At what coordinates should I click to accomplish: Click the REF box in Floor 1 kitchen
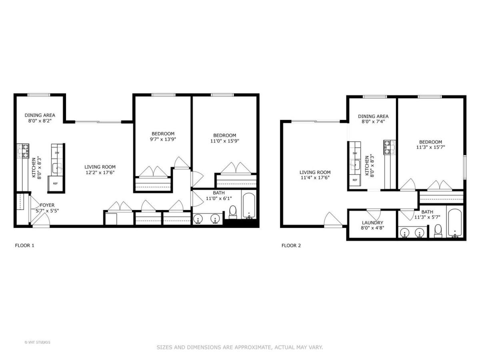pos(55,184)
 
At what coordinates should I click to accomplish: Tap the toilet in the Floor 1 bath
pos(233,212)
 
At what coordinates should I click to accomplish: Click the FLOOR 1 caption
pos(24,245)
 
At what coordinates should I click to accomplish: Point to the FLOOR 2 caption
pos(291,245)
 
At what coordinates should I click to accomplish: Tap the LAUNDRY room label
pos(372,223)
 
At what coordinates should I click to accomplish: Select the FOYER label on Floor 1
pos(47,205)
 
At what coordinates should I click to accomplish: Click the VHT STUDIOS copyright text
pos(37,342)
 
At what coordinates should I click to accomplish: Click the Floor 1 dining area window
pos(39,95)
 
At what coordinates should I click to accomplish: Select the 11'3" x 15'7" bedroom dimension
pos(430,147)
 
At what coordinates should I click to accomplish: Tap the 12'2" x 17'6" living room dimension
pos(100,173)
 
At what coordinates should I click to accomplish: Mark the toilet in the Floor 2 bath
pos(438,231)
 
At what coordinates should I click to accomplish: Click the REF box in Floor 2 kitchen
pos(355,180)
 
